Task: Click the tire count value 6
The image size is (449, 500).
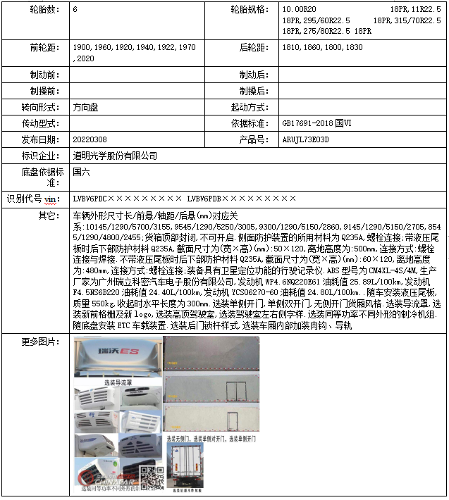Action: (75, 11)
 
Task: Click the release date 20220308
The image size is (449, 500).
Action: (90, 139)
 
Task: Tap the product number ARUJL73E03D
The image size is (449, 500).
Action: (305, 139)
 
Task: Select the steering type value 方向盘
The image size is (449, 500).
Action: (86, 107)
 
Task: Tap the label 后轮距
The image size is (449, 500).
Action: (252, 47)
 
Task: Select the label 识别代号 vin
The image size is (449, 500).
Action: (34, 199)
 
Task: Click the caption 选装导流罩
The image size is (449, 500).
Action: (118, 382)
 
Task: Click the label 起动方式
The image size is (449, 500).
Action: (250, 107)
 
